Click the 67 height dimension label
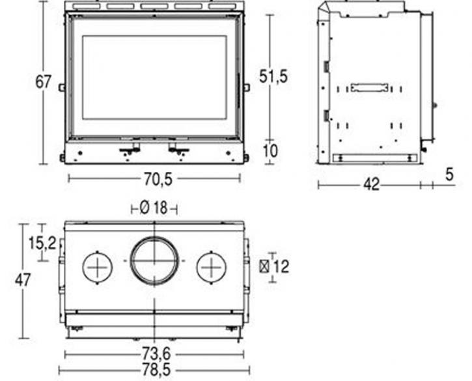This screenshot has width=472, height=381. click(x=44, y=81)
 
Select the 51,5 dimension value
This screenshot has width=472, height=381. click(x=273, y=76)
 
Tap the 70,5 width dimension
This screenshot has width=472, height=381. click(x=158, y=179)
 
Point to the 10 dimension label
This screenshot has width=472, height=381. click(x=271, y=151)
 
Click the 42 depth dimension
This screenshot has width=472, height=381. click(x=372, y=184)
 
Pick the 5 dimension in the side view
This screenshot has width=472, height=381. click(x=449, y=175)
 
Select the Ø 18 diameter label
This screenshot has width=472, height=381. click(x=154, y=208)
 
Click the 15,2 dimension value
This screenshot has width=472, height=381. click(x=42, y=243)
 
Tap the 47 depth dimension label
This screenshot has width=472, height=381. click(x=23, y=280)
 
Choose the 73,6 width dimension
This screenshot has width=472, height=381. click(x=156, y=354)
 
